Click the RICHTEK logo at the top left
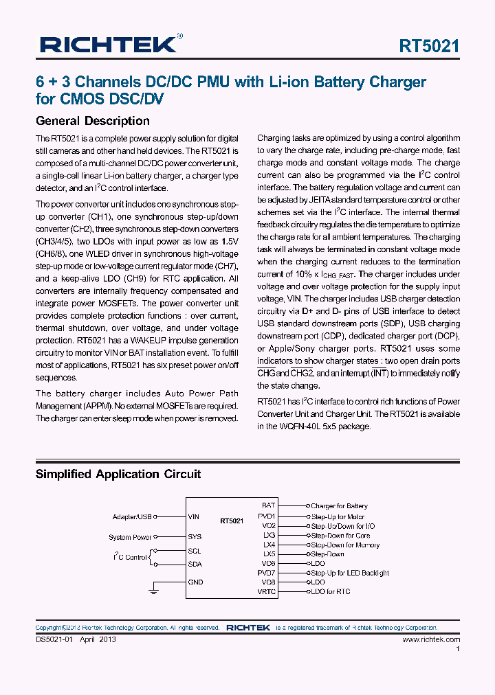(110, 45)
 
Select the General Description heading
(92, 121)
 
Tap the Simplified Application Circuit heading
(118, 474)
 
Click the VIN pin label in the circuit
(194, 516)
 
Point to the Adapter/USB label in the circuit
(131, 516)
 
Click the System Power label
(130, 537)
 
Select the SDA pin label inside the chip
(195, 564)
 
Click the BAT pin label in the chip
(268, 505)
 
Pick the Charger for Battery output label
(339, 506)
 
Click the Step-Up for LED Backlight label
(350, 573)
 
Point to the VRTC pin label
(266, 591)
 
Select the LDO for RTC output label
(330, 591)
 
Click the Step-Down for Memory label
(345, 545)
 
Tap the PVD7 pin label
(266, 573)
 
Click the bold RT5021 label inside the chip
(232, 521)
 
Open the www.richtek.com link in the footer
(431, 639)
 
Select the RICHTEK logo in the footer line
(247, 628)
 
